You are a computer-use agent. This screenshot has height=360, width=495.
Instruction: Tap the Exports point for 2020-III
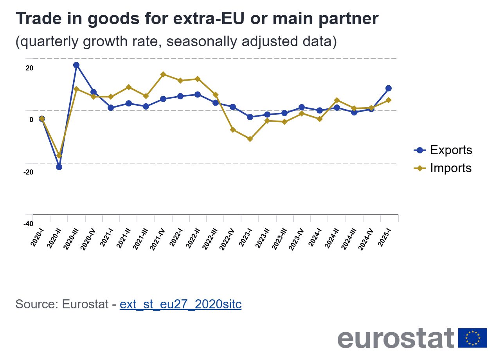pyautogui.click(x=76, y=65)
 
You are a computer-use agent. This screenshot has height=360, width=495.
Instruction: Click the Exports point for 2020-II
pyautogui.click(x=59, y=167)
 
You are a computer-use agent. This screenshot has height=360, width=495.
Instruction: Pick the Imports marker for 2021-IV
pyautogui.click(x=163, y=74)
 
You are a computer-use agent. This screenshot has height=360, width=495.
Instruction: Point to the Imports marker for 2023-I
pyautogui.click(x=250, y=139)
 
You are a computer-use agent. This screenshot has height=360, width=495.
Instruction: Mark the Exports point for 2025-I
pyautogui.click(x=389, y=88)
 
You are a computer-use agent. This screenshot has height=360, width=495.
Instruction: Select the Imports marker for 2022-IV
pyautogui.click(x=232, y=130)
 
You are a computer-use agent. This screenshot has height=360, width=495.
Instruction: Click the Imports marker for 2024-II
pyautogui.click(x=337, y=100)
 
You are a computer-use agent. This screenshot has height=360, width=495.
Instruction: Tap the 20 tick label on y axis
pyautogui.click(x=29, y=68)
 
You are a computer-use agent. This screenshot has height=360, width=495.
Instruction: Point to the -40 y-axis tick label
pyautogui.click(x=28, y=224)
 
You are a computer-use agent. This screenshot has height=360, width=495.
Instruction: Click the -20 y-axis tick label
pyautogui.click(x=28, y=172)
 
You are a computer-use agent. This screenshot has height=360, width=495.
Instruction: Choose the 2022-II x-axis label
pyautogui.click(x=193, y=237)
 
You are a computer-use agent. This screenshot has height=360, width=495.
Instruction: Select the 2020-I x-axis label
pyautogui.click(x=38, y=237)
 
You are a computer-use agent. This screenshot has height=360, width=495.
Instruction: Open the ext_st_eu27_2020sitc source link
pyautogui.click(x=180, y=304)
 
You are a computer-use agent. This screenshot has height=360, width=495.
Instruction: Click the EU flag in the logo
pyautogui.click(x=473, y=338)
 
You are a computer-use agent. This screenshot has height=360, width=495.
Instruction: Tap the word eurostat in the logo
pyautogui.click(x=396, y=338)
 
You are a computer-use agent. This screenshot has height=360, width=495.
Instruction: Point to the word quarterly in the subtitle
pyautogui.click(x=47, y=41)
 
